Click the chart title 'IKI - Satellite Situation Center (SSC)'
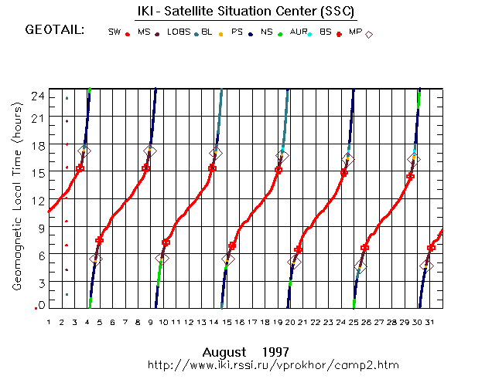tap(246, 12)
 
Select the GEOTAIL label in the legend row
tap(55, 30)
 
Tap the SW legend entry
tap(118, 32)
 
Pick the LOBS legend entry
tap(183, 32)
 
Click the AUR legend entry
tap(301, 32)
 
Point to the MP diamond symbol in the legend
tap(369, 35)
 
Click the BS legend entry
tap(330, 32)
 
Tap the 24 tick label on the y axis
tap(38, 96)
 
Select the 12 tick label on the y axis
tap(38, 201)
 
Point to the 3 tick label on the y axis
tap(42, 283)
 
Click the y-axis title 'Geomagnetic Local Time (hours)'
tap(17, 196)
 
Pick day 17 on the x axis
tap(252, 322)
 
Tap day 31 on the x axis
tap(429, 322)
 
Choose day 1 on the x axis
tap(49, 322)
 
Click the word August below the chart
tap(224, 353)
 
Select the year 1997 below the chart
tap(275, 352)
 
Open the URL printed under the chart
tap(273, 365)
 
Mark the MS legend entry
tap(149, 32)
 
